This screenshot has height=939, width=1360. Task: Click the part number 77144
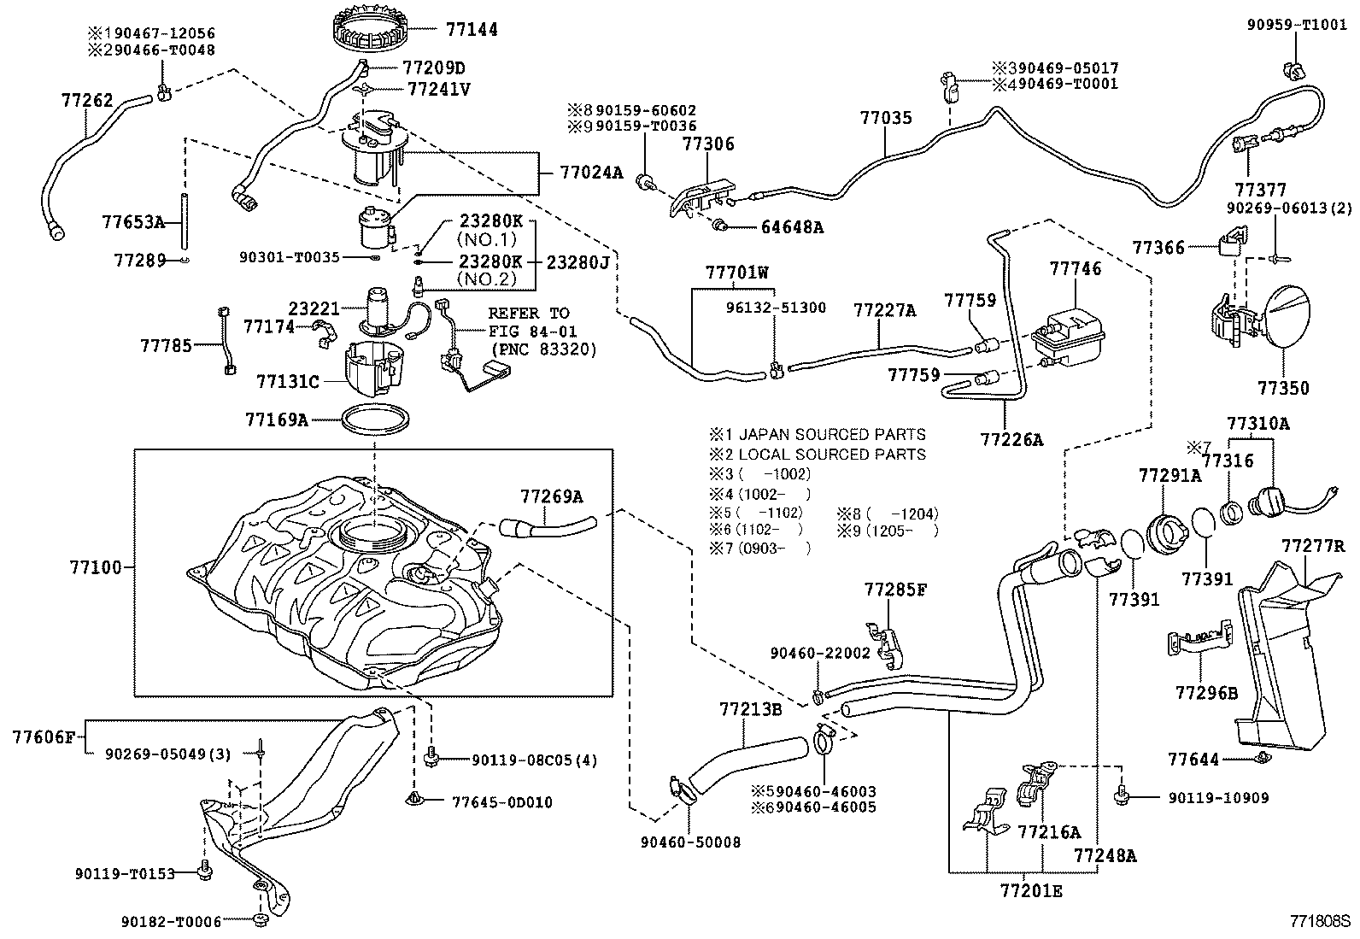pyautogui.click(x=472, y=29)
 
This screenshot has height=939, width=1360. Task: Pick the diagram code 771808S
pyautogui.click(x=1319, y=922)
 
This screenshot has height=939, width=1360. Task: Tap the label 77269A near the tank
pyautogui.click(x=552, y=496)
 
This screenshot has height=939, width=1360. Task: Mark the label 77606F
pyautogui.click(x=44, y=736)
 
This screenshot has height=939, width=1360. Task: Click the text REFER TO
pyautogui.click(x=529, y=314)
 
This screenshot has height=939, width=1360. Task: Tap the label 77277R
pyautogui.click(x=1313, y=545)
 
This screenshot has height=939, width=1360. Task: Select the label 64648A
pyautogui.click(x=792, y=227)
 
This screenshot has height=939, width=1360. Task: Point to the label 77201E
pyautogui.click(x=1031, y=891)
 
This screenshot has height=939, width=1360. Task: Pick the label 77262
pyautogui.click(x=87, y=101)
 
